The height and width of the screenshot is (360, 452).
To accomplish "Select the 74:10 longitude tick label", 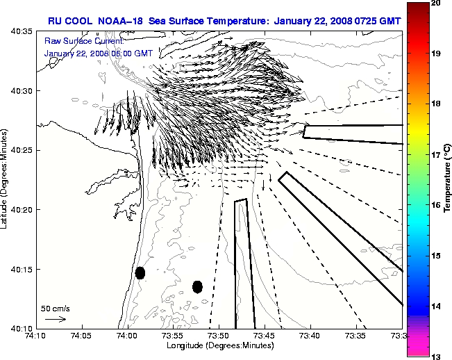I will click(36, 336).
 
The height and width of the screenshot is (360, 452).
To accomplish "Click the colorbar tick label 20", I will click(435, 3).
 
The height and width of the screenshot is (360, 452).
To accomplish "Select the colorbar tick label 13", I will click(435, 356).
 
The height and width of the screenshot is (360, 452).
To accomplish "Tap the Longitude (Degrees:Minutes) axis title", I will click(219, 345).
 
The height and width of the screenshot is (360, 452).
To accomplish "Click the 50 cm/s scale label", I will click(56, 308).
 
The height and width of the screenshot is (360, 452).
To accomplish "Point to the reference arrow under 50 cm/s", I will click(56, 319).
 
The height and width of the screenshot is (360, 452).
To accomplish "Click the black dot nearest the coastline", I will click(140, 272).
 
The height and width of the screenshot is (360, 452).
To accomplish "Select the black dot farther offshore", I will click(197, 286).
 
